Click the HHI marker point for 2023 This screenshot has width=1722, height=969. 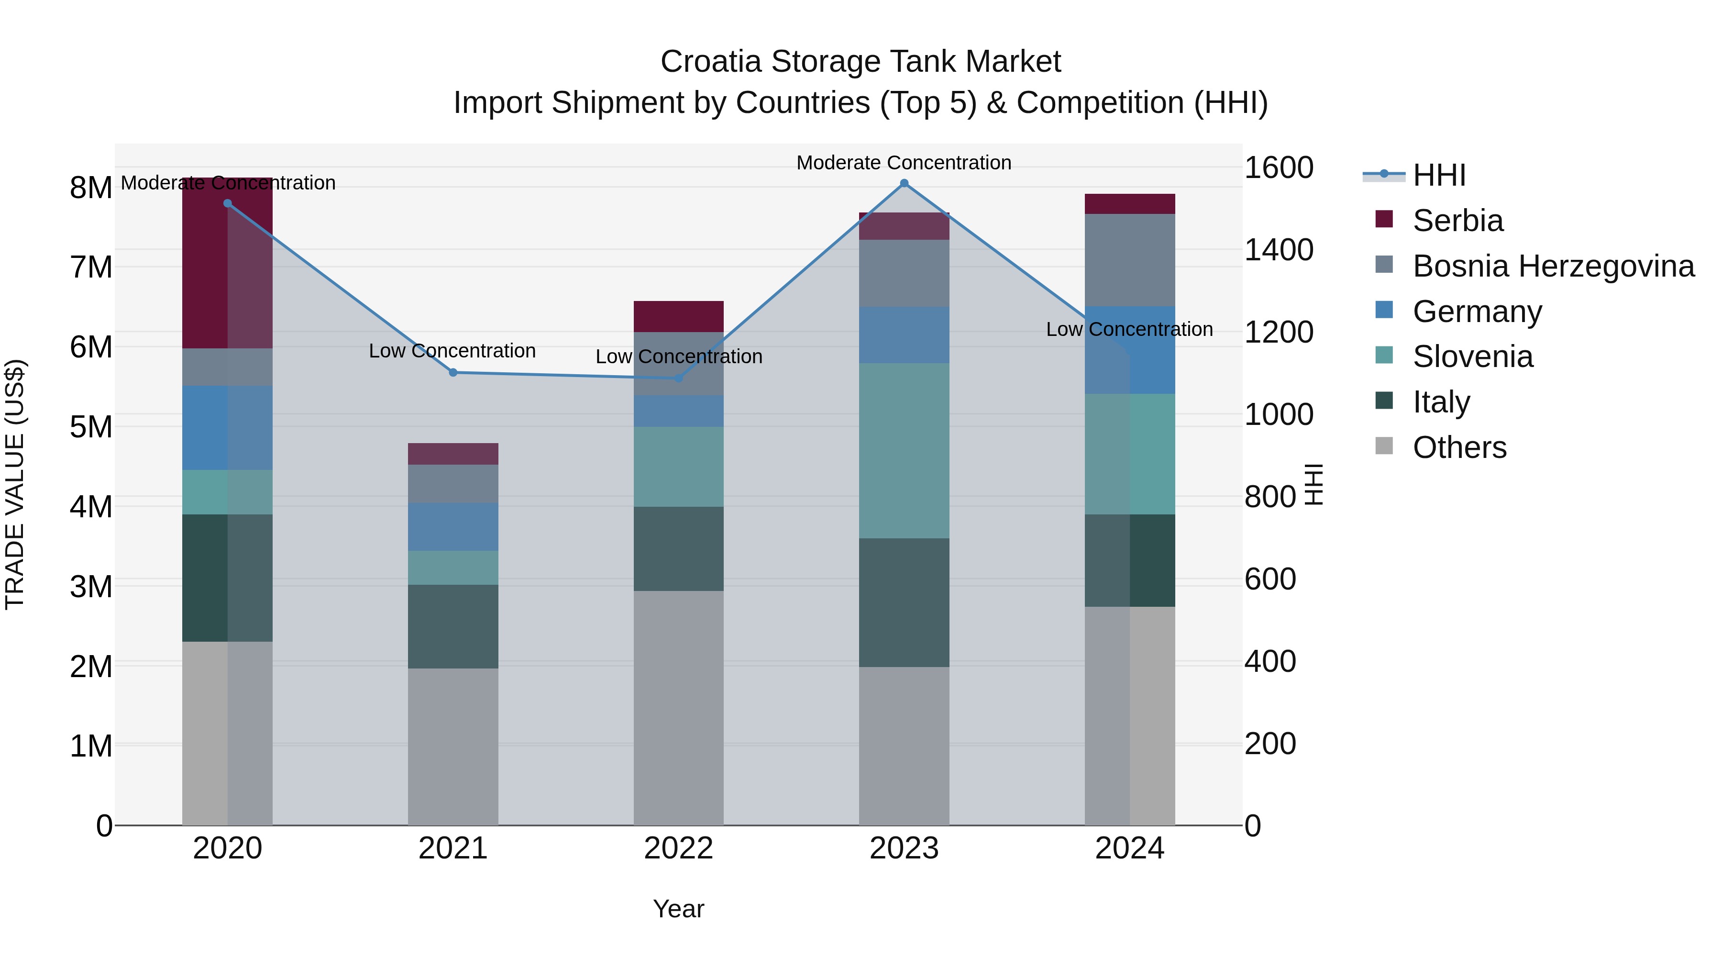pyautogui.click(x=904, y=183)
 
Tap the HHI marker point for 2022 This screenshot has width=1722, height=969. pyautogui.click(x=678, y=378)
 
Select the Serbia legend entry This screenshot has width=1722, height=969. pyautogui.click(x=1457, y=221)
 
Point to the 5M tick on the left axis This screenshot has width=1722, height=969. pyautogui.click(x=91, y=427)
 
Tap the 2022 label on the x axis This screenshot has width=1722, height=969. pyautogui.click(x=678, y=848)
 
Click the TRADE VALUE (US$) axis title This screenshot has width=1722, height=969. pyautogui.click(x=15, y=484)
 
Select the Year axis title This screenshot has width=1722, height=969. pyautogui.click(x=678, y=909)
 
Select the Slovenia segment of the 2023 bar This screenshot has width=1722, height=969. pyautogui.click(x=904, y=451)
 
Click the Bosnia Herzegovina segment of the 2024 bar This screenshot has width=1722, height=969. pyautogui.click(x=1130, y=260)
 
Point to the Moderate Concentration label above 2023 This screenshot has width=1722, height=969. pyautogui.click(x=904, y=163)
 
